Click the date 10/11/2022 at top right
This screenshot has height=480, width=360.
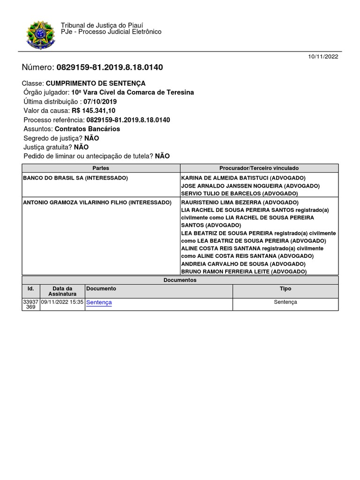pyautogui.click(x=323, y=57)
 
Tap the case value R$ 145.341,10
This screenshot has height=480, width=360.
pyautogui.click(x=93, y=111)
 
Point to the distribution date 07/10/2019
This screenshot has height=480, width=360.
pyautogui.click(x=100, y=102)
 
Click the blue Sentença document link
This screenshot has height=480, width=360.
pyautogui.click(x=99, y=303)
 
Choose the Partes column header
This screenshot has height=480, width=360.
pyautogui.click(x=101, y=168)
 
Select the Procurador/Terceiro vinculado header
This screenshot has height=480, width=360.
pyautogui.click(x=259, y=168)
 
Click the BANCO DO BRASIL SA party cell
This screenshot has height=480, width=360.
pyautogui.click(x=75, y=178)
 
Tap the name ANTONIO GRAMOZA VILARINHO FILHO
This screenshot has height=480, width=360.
pyautogui.click(x=97, y=202)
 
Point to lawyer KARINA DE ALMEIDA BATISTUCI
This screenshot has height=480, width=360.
pyautogui.click(x=243, y=178)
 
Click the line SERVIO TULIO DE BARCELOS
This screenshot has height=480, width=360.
pyautogui.click(x=239, y=193)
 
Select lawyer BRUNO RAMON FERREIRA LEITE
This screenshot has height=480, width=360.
pyautogui.click(x=244, y=271)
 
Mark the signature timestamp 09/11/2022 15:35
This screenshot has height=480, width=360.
pyautogui.click(x=62, y=302)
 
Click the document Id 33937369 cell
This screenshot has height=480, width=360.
pyautogui.click(x=30, y=305)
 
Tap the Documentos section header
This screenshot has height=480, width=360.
pyautogui.click(x=180, y=280)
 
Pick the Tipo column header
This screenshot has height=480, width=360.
pyautogui.click(x=285, y=289)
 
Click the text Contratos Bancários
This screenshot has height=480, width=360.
pyautogui.click(x=87, y=129)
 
